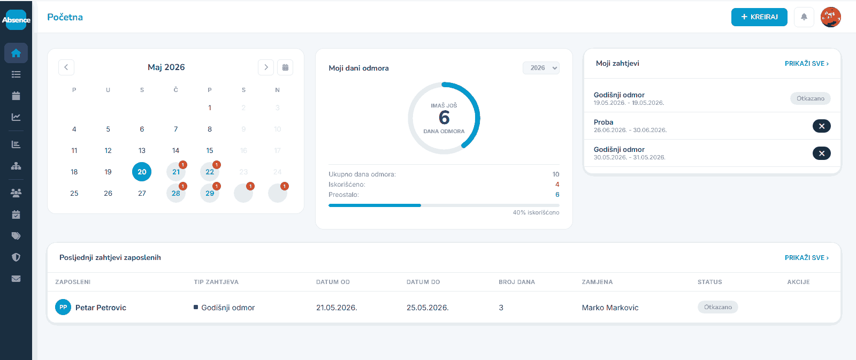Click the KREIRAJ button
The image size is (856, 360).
[759, 17]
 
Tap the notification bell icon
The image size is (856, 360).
[804, 17]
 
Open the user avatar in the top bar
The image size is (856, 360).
[831, 17]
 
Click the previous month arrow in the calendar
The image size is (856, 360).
[66, 67]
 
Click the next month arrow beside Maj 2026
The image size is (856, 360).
[266, 67]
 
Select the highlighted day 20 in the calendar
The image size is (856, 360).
[142, 172]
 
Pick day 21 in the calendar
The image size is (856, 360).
[176, 172]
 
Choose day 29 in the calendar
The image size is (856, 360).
[210, 193]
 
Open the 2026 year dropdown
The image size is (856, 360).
[541, 67]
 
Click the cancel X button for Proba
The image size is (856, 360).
[822, 126]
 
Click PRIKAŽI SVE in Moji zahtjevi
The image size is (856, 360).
[807, 64]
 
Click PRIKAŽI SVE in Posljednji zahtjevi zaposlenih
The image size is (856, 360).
[807, 258]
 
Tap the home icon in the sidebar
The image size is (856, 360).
[16, 53]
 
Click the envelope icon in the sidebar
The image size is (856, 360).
[16, 279]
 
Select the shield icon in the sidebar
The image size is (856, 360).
[16, 257]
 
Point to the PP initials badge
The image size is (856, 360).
[63, 307]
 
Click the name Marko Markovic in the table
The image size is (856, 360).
[610, 308]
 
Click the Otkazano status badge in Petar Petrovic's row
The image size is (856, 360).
[717, 307]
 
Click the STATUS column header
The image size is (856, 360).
[709, 282]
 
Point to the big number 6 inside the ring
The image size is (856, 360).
[444, 118]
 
